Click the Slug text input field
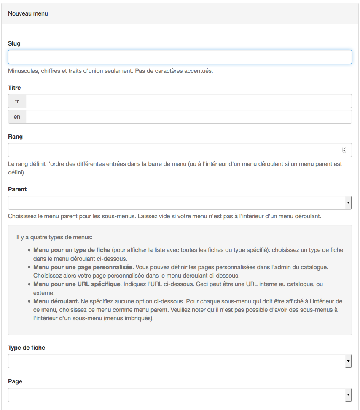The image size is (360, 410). coord(180,57)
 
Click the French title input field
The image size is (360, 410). coord(188,101)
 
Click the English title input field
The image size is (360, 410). coord(188,117)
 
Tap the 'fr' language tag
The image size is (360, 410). coord(17,101)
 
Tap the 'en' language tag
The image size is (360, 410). coord(17,117)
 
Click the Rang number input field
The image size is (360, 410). coord(173,150)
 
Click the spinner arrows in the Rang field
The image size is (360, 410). coord(344,150)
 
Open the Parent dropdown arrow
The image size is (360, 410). coord(348,203)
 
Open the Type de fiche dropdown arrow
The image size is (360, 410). coord(348,361)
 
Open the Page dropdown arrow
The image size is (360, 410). coord(348,395)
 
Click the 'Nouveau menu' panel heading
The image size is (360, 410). coord(28,13)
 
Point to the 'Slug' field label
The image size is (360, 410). coord(14,43)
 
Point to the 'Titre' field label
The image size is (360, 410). coord(14,88)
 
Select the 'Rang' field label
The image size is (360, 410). coord(16,137)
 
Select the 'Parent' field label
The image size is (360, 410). coord(17,189)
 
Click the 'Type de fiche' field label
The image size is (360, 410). coord(27,348)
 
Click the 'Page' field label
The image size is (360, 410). coord(15,381)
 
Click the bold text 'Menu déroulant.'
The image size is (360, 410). coord(56,301)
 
